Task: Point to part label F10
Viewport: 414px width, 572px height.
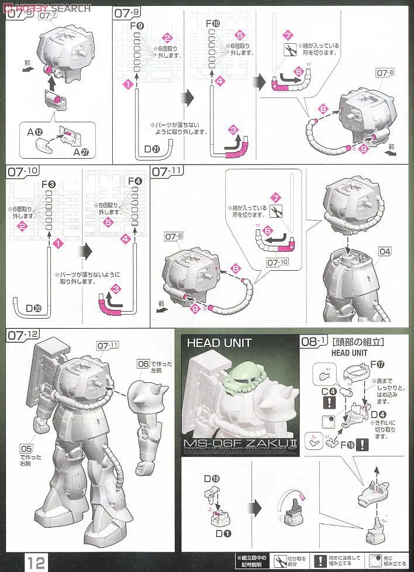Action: pos(214,23)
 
